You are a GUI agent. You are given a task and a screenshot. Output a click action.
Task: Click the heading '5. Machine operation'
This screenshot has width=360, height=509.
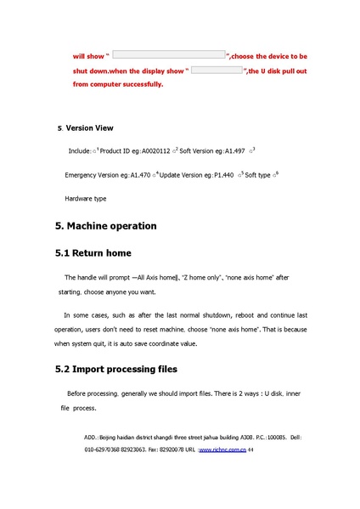(105, 226)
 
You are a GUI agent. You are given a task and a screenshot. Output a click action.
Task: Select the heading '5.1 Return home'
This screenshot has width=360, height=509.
(101, 253)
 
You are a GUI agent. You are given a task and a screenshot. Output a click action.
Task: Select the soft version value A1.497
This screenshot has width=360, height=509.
(231, 151)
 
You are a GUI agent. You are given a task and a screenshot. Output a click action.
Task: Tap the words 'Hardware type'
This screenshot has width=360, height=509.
(86, 198)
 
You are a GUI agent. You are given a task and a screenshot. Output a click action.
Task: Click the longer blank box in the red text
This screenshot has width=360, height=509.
(169, 54)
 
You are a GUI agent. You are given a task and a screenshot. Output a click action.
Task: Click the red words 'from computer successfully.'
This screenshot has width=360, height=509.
(118, 84)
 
